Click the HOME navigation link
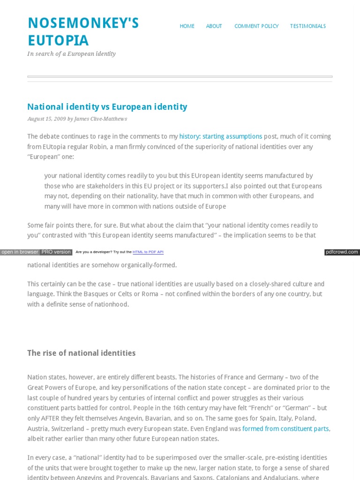click(187, 26)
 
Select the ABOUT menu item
click(214, 26)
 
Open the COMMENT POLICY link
click(256, 26)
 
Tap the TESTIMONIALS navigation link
click(307, 26)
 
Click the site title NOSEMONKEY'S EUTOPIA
click(83, 31)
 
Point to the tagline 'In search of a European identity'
click(71, 54)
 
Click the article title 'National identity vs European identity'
click(107, 107)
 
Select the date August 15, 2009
click(46, 119)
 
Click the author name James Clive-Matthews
click(101, 119)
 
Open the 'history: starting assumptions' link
click(220, 136)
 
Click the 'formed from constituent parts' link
click(286, 428)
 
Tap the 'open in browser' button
click(20, 252)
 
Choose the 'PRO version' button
click(56, 252)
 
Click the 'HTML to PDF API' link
click(148, 252)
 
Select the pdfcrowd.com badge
click(342, 252)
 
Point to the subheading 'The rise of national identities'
click(81, 353)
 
